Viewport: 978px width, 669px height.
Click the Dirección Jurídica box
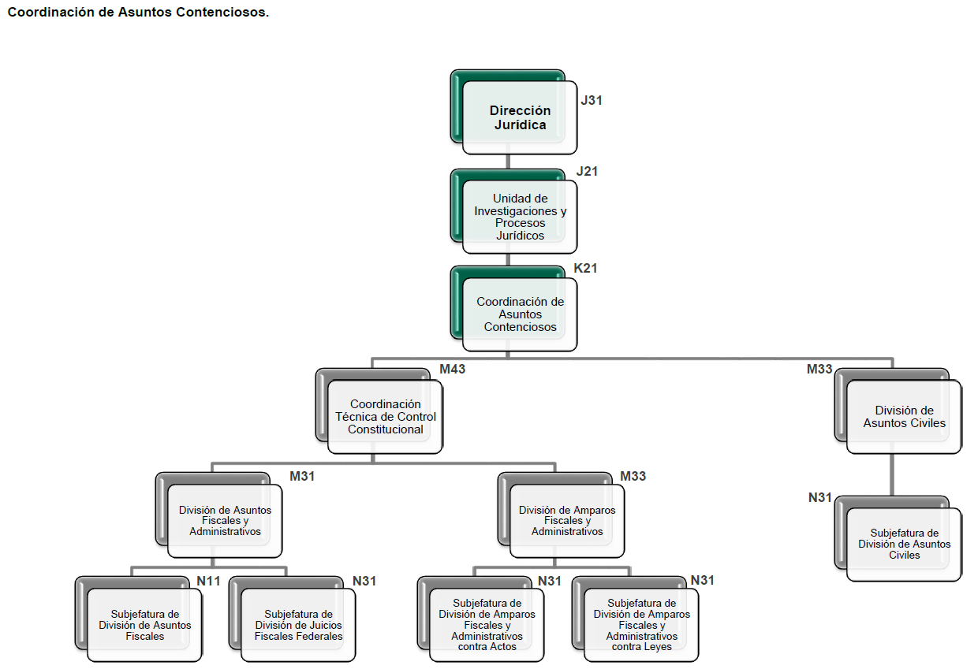pyautogui.click(x=520, y=117)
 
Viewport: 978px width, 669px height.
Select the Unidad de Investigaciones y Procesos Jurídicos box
pyautogui.click(x=520, y=217)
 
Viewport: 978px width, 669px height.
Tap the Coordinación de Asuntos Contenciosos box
pyautogui.click(x=520, y=314)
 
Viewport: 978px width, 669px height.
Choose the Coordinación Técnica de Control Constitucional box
pyautogui.click(x=385, y=417)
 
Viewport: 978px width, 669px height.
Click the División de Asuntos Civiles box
pyautogui.click(x=904, y=417)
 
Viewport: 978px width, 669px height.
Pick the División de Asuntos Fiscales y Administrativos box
pyautogui.click(x=225, y=520)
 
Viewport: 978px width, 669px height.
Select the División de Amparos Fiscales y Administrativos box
pyautogui.click(x=567, y=520)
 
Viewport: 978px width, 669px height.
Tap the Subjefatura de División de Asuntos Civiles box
pyautogui.click(x=904, y=544)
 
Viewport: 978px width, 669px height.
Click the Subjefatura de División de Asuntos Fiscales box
pyautogui.click(x=144, y=624)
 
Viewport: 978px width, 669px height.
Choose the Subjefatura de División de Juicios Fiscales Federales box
pyautogui.click(x=298, y=624)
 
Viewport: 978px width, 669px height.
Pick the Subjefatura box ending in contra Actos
pyautogui.click(x=487, y=624)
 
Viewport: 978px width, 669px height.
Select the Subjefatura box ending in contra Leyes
pyautogui.click(x=641, y=624)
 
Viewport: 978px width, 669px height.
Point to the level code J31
pyautogui.click(x=592, y=100)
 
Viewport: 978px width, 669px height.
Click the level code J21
pyautogui.click(x=587, y=171)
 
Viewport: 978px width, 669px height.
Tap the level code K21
pyautogui.click(x=585, y=268)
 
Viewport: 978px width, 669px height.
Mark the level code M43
pyautogui.click(x=452, y=369)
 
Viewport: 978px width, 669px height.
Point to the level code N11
pyautogui.click(x=208, y=581)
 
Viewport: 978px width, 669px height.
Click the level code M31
pyautogui.click(x=302, y=476)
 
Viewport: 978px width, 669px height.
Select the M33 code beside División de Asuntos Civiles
pyautogui.click(x=819, y=369)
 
